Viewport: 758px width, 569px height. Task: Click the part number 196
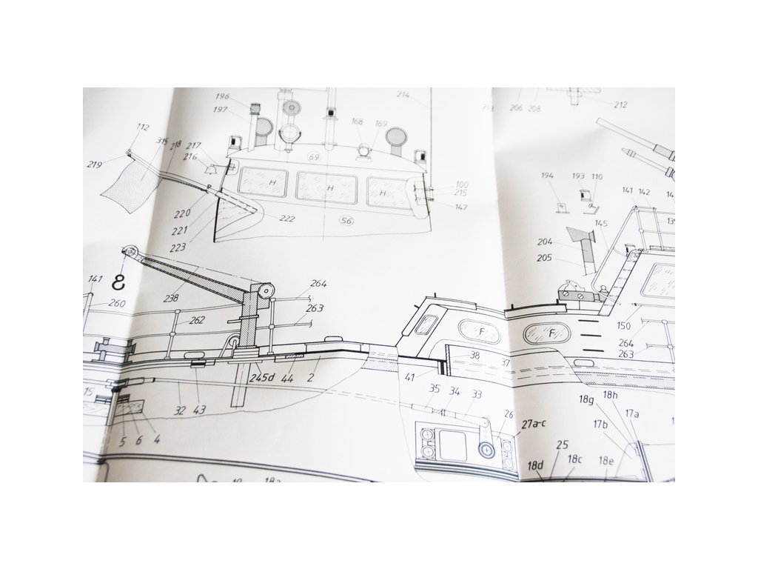pyautogui.click(x=223, y=96)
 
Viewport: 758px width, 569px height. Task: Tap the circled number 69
pyautogui.click(x=314, y=157)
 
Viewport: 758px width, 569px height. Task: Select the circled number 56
pyautogui.click(x=345, y=220)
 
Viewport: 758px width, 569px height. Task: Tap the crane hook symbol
pyautogui.click(x=117, y=281)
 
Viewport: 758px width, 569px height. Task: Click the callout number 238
pyautogui.click(x=172, y=298)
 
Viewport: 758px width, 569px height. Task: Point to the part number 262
pyautogui.click(x=197, y=321)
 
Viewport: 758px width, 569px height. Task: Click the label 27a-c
pyautogui.click(x=534, y=425)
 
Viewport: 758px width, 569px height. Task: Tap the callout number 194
pyautogui.click(x=548, y=176)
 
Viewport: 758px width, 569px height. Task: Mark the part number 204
pyautogui.click(x=545, y=242)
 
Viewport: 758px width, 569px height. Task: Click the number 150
pyautogui.click(x=623, y=327)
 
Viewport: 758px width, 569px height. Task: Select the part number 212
pyautogui.click(x=620, y=105)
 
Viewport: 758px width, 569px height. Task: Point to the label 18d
pyautogui.click(x=536, y=465)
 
